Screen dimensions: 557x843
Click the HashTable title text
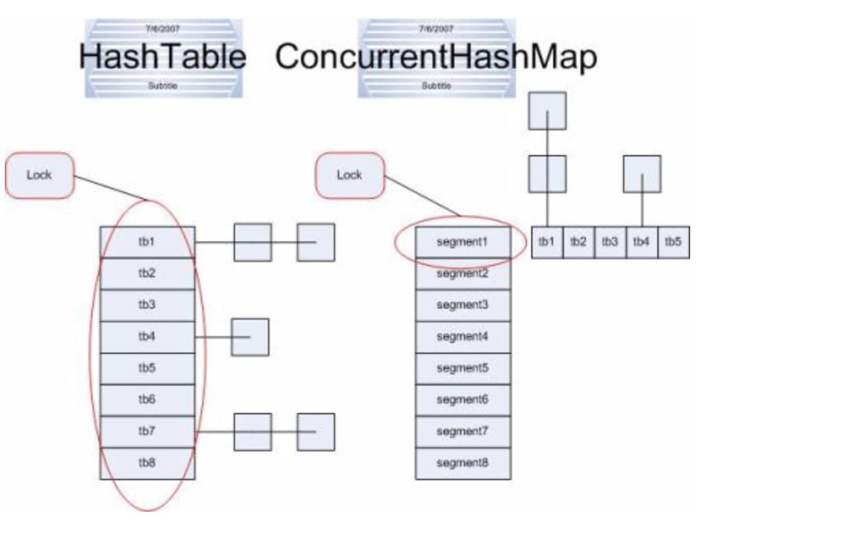point(162,56)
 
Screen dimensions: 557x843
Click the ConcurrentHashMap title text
point(436,56)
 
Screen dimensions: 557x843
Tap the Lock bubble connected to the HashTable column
point(39,175)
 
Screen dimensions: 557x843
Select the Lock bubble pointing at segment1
point(349,175)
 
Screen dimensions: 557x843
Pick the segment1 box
point(463,242)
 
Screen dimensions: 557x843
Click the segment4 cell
point(463,337)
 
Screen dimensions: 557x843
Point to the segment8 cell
point(463,463)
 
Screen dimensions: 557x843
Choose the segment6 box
point(463,400)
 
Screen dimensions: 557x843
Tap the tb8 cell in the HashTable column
point(147,463)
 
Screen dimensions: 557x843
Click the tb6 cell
point(147,400)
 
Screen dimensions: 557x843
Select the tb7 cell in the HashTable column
point(147,431)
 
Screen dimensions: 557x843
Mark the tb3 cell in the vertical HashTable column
point(147,305)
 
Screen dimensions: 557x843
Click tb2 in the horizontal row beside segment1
point(578,242)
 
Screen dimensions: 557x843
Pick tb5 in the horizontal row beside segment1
point(673,242)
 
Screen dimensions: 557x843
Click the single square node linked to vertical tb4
point(249,337)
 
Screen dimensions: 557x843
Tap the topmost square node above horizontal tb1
point(547,110)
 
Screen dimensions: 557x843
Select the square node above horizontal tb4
point(642,174)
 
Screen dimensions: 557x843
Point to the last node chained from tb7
point(315,431)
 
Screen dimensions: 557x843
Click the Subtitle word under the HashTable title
point(162,86)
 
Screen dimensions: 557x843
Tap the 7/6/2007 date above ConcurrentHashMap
point(436,29)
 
